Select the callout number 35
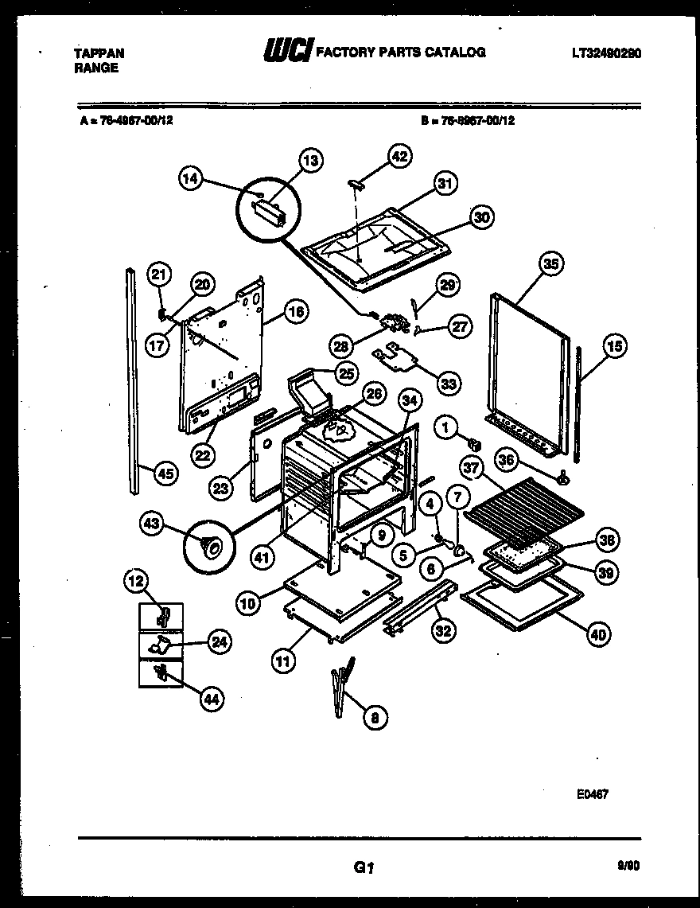(549, 263)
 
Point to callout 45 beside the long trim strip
(165, 473)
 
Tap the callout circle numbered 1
(446, 428)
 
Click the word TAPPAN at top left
(99, 53)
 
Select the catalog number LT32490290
(606, 53)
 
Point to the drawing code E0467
(593, 793)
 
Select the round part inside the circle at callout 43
(212, 547)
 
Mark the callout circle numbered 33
(449, 384)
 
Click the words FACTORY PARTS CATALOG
(401, 53)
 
